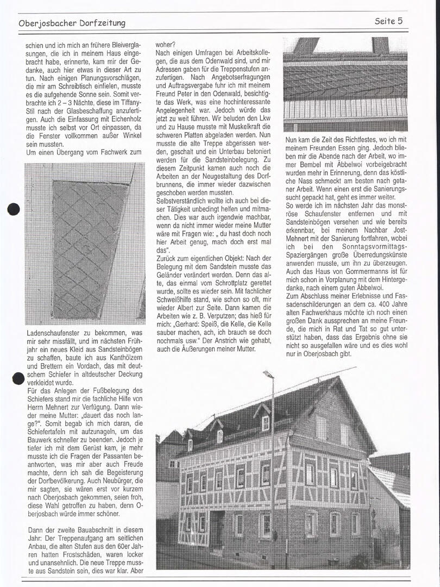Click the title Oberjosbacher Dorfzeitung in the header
coord(72,23)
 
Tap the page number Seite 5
coord(392,21)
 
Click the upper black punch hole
coord(14,209)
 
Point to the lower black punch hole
coord(17,379)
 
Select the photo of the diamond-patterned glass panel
coord(85,243)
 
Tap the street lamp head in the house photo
coord(268,374)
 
